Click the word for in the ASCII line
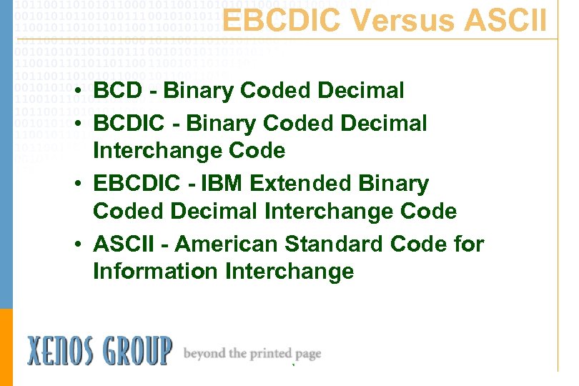tap(469, 244)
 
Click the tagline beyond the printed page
tap(252, 354)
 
